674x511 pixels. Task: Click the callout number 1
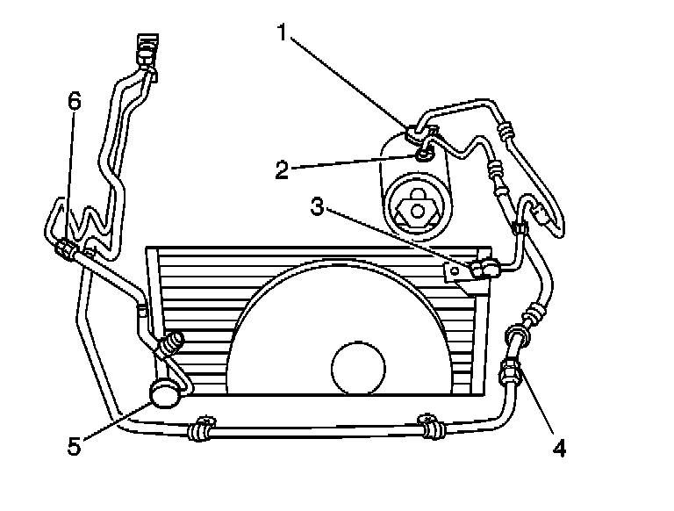(282, 33)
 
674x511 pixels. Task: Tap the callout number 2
(282, 169)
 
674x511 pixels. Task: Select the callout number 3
(319, 208)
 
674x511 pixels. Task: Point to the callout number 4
(559, 447)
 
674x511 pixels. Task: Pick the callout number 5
(74, 445)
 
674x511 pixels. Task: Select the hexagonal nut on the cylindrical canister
(419, 209)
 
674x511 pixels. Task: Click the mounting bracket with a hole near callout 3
(457, 274)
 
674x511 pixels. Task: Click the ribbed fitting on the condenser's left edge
(171, 343)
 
